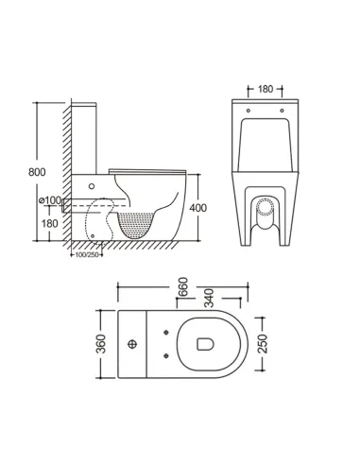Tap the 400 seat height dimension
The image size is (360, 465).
pos(196,206)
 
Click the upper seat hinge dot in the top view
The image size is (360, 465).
pos(166,331)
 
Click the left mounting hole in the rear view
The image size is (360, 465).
pos(248,111)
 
